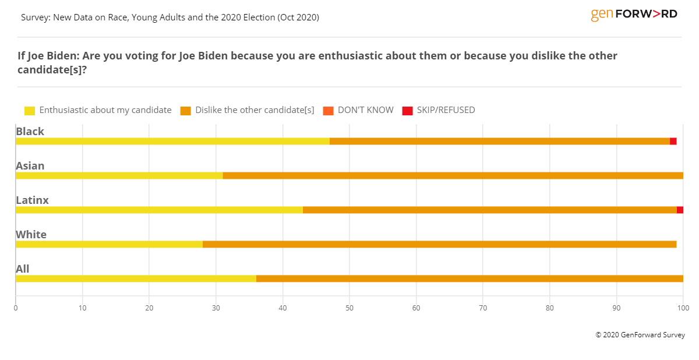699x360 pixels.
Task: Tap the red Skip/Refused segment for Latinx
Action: pos(680,210)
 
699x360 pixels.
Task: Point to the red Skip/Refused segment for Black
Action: pos(673,141)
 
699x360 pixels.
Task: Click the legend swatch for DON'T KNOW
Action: pos(328,111)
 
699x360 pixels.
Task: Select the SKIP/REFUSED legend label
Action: pos(446,110)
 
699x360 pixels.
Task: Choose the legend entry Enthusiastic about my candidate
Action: pos(105,110)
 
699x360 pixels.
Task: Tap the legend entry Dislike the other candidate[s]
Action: pos(255,110)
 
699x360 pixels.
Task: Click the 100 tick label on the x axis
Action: pos(683,307)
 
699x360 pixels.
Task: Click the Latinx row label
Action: pos(32,200)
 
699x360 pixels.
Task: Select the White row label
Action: pos(31,234)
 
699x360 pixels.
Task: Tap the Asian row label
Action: pos(30,165)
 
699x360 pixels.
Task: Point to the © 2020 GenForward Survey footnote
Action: pos(640,335)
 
